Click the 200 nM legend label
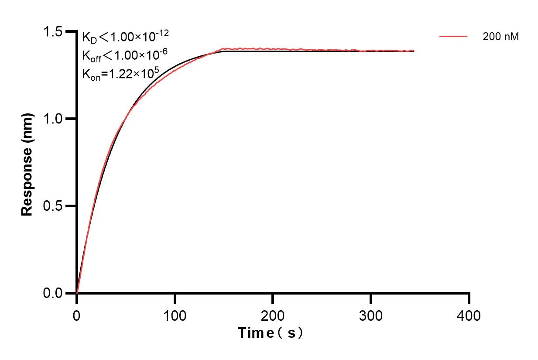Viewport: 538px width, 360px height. tap(500, 37)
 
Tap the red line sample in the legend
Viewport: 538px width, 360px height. tap(453, 37)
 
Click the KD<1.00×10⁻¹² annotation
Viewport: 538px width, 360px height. tap(125, 37)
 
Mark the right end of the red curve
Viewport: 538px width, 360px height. tap(414, 51)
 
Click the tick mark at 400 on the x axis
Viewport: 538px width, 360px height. tap(469, 298)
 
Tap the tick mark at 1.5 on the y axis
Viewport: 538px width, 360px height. tap(70, 32)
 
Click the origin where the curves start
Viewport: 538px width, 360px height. tap(77, 293)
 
